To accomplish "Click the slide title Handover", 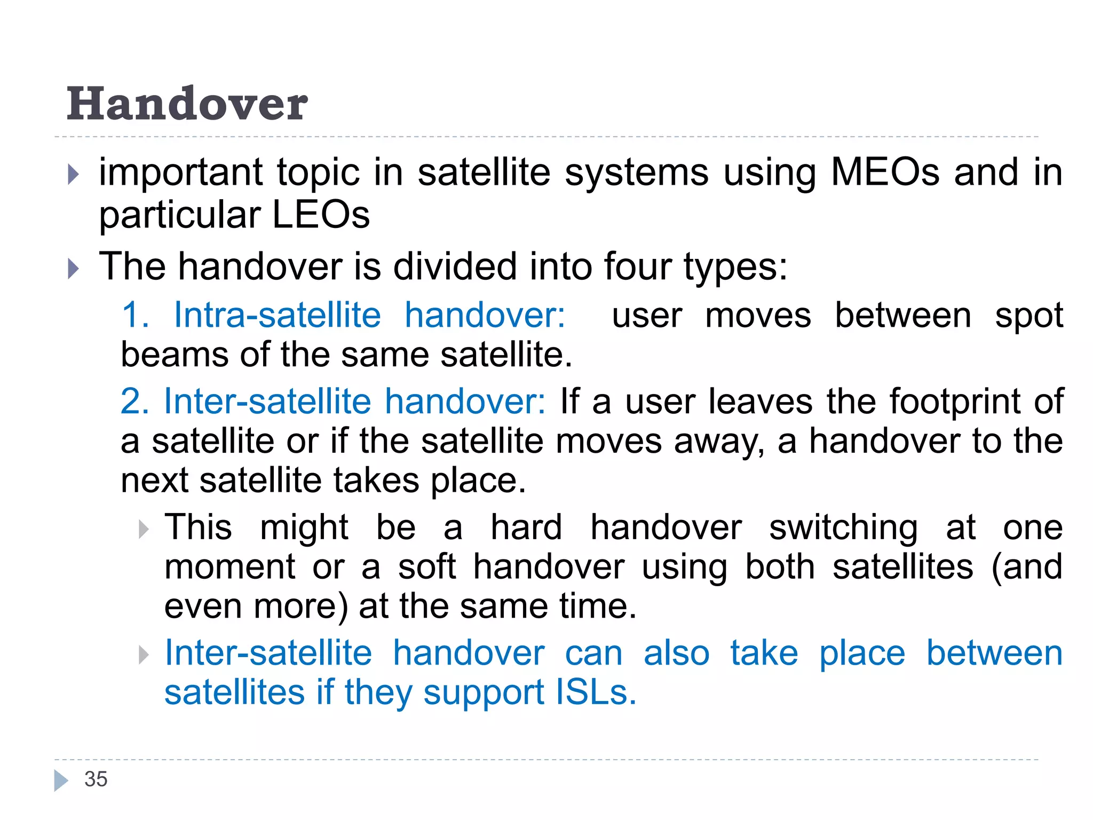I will [x=187, y=104].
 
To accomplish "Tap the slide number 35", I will [x=96, y=779].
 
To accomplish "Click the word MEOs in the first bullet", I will [x=885, y=172].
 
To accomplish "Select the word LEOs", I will [x=321, y=215].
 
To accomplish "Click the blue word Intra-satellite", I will [x=277, y=315].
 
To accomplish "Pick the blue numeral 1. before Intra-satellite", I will [x=134, y=315].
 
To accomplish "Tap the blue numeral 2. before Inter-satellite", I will [x=134, y=401].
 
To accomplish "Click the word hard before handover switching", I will [x=526, y=527].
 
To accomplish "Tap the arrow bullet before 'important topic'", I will [x=74, y=175].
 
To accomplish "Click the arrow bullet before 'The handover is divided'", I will [x=74, y=269].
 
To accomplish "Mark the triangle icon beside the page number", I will [x=61, y=780].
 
